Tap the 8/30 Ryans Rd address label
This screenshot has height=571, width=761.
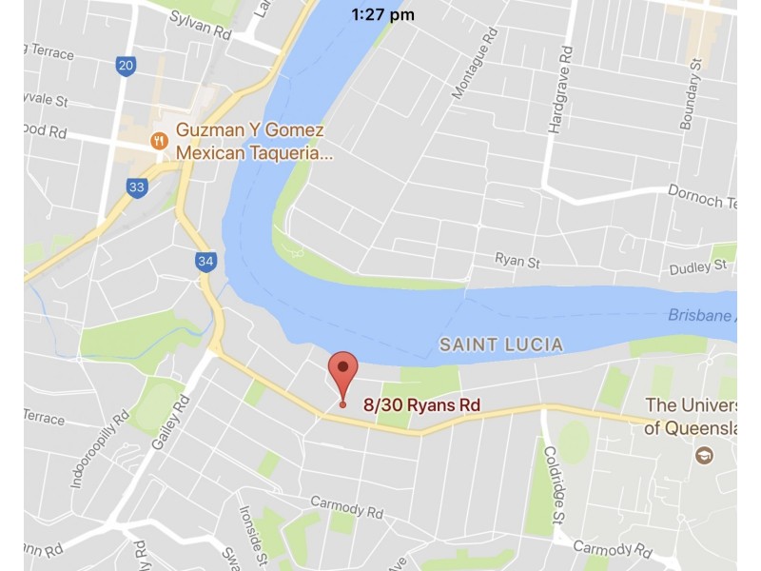coord(421,404)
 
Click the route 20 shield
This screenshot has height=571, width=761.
coord(126,66)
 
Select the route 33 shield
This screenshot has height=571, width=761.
coord(137,187)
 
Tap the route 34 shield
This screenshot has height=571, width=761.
coord(205,261)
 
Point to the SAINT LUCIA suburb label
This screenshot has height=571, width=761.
coord(500,345)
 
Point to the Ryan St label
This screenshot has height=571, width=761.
coord(517,259)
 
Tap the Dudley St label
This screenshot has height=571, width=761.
coord(691,269)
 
